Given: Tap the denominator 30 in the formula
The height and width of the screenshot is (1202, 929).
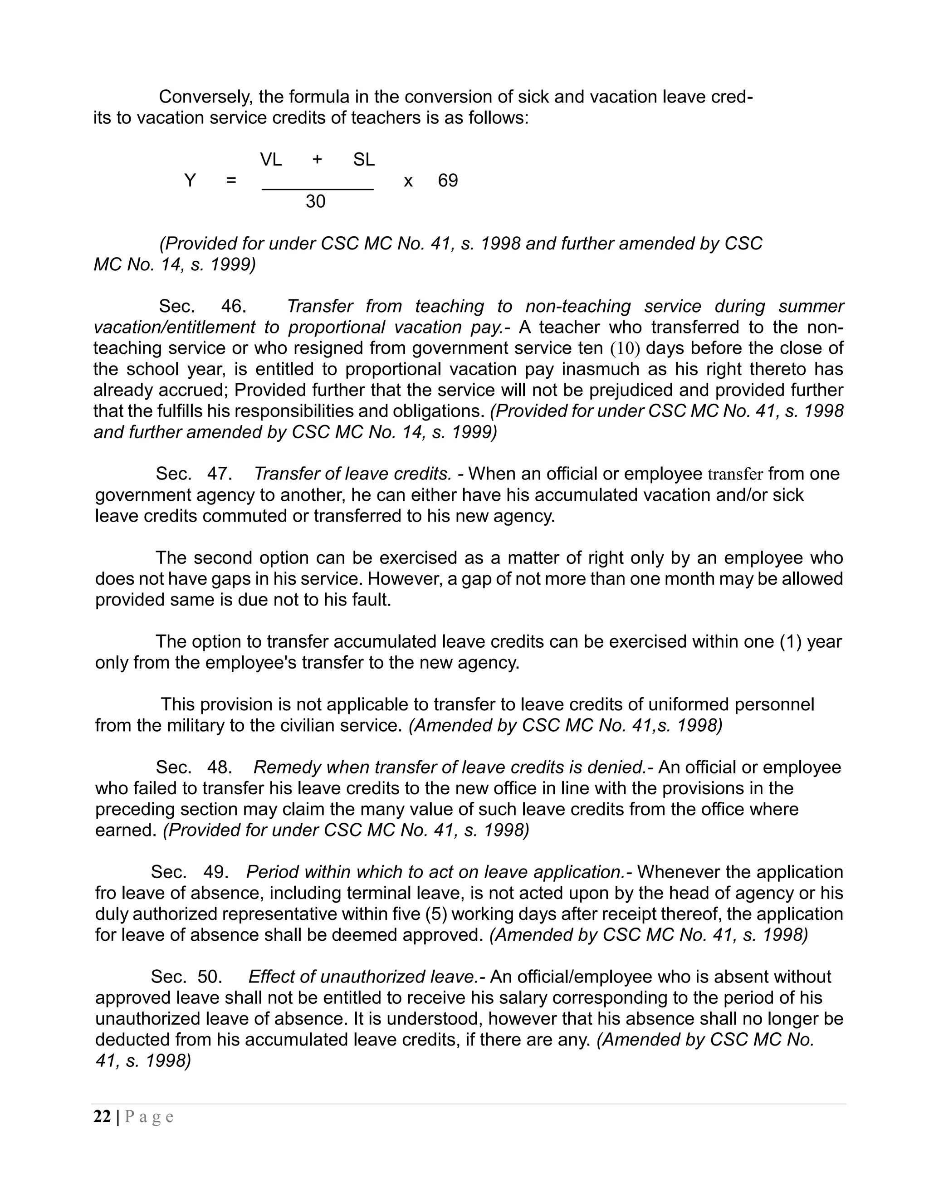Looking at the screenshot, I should (315, 201).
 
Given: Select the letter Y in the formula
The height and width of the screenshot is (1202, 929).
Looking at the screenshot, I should (190, 181).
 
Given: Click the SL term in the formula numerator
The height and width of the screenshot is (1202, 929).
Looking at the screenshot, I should (364, 160).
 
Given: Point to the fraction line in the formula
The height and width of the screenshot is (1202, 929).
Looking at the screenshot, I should (318, 190).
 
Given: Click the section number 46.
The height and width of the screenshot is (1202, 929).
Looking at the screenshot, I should (233, 306).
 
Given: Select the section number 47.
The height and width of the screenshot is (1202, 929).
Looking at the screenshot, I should (219, 474).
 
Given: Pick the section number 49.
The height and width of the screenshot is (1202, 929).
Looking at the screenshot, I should (215, 872).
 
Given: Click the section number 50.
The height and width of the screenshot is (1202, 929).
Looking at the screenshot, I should (209, 977).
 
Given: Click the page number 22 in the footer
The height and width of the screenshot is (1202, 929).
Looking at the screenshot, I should (103, 1117).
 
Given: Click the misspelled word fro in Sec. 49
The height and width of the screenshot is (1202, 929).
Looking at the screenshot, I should (106, 893).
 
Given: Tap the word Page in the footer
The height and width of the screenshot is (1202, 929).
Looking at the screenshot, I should (149, 1117).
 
